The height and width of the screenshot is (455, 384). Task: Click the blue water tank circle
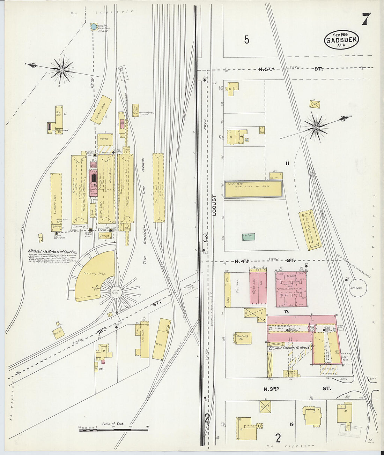tap(94, 26)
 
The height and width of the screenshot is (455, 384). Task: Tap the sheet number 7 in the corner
tap(366, 19)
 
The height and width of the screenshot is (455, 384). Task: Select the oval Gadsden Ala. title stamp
tap(341, 40)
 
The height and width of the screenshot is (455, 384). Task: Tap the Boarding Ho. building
tap(243, 338)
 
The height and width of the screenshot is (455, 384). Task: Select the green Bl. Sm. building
tap(249, 237)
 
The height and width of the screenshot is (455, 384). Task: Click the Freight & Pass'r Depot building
tap(310, 230)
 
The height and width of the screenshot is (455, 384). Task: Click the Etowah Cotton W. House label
tap(289, 348)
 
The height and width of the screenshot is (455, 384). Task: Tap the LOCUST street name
tap(214, 205)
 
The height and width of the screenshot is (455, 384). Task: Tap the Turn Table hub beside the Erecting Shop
tap(116, 292)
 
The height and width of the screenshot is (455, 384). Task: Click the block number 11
tap(287, 163)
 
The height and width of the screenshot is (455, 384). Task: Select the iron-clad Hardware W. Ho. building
tap(253, 190)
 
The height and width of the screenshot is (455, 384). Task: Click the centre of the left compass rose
tap(62, 70)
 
